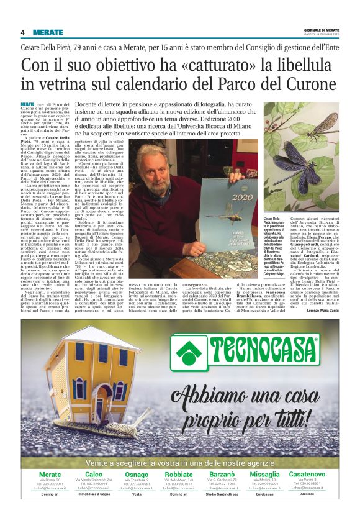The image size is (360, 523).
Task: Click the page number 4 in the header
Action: (22, 32)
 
